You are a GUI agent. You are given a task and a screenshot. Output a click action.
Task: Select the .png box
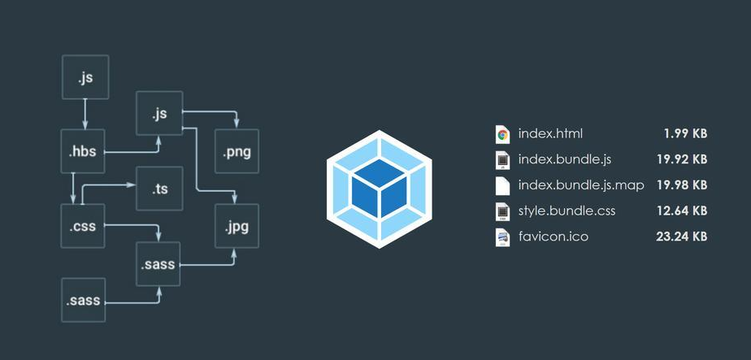coord(237,151)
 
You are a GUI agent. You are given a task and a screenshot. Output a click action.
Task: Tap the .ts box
coord(160,189)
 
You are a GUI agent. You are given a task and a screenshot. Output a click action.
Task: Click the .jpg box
coord(237,226)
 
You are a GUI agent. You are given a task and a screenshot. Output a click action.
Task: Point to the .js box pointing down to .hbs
coord(85,78)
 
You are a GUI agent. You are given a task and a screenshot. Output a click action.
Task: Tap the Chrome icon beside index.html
coord(502,134)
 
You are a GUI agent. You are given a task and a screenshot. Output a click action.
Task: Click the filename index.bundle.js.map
coord(581,185)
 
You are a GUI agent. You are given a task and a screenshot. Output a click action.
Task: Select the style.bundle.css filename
coord(567,211)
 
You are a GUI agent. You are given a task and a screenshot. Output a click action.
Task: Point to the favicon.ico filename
coord(553,237)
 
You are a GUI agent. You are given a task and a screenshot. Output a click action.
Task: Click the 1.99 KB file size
coord(685,134)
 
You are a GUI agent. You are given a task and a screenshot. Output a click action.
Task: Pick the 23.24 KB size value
coord(681,237)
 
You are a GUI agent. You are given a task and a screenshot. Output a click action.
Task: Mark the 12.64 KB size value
coord(681,211)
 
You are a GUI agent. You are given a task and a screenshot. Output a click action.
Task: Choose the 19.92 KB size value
coord(681,159)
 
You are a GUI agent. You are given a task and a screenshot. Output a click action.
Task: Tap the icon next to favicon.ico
coord(502,237)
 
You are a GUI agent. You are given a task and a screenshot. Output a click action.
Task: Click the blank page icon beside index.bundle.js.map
coord(502,185)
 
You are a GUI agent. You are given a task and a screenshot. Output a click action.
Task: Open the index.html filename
coord(550,134)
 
